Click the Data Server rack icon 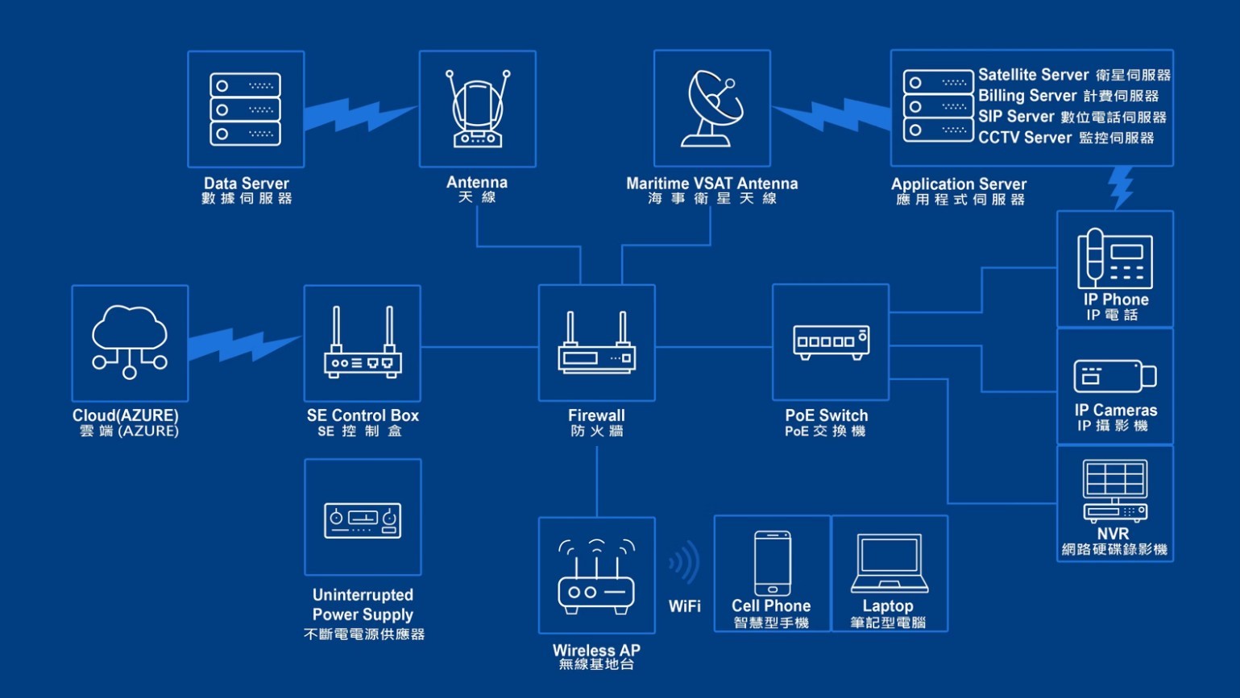pyautogui.click(x=246, y=109)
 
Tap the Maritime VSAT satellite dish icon pyautogui.click(x=711, y=109)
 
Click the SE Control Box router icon pyautogui.click(x=363, y=343)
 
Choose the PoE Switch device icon pyautogui.click(x=831, y=341)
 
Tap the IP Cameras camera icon pyautogui.click(x=1114, y=376)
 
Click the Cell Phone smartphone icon pyautogui.click(x=772, y=563)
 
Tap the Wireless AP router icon pyautogui.click(x=596, y=576)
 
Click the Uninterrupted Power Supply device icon pyautogui.click(x=363, y=519)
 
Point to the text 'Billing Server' pyautogui.click(x=1027, y=96)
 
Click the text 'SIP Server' pyautogui.click(x=1016, y=117)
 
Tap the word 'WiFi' pyautogui.click(x=684, y=606)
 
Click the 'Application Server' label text pyautogui.click(x=959, y=184)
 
